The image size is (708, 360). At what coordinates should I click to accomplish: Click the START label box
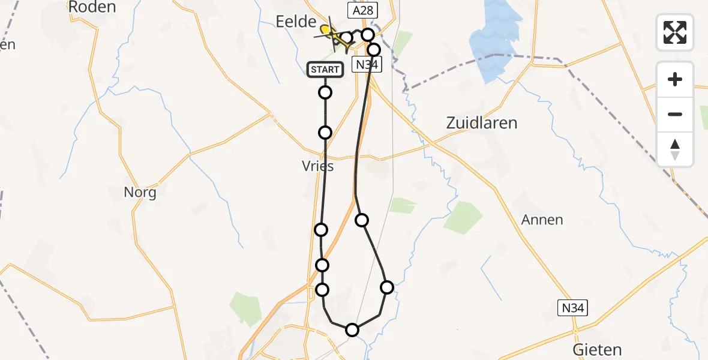[x=325, y=70]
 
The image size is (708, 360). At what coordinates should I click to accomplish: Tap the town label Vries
[x=318, y=167]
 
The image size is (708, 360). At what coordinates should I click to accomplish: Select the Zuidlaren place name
[x=481, y=123]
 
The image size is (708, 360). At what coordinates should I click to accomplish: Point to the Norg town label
[x=140, y=193]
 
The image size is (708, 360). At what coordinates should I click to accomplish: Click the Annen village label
[x=542, y=220]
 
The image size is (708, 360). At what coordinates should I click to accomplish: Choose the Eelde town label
[x=295, y=22]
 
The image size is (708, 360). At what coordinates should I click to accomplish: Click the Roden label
[x=92, y=7]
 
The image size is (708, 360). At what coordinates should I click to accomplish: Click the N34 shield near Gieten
[x=572, y=308]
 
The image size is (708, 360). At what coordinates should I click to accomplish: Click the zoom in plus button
[x=675, y=79]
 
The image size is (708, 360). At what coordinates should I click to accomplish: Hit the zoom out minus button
[x=675, y=114]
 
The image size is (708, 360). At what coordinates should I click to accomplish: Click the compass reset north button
[x=675, y=149]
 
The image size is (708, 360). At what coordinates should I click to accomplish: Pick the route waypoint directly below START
[x=325, y=92]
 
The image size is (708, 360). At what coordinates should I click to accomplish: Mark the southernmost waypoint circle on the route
[x=352, y=329]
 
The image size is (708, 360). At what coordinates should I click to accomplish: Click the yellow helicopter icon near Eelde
[x=328, y=31]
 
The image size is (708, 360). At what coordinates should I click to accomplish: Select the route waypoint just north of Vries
[x=325, y=133]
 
